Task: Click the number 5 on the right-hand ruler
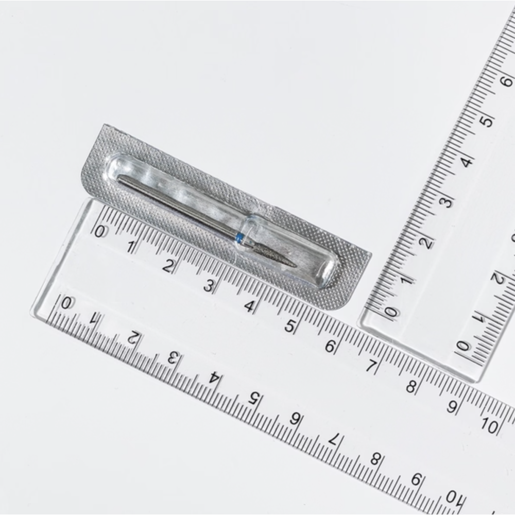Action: [x=487, y=121]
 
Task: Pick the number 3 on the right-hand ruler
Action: [x=447, y=201]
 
